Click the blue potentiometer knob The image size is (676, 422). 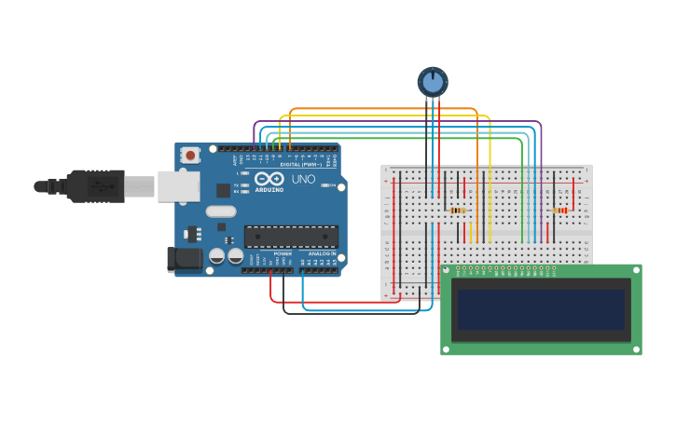pos(433,82)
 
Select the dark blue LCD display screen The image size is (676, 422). pos(541,309)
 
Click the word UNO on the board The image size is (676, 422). pos(304,179)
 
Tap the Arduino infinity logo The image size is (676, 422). pos(269,179)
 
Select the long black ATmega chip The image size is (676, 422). pos(291,237)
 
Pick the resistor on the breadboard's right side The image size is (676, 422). pos(559,211)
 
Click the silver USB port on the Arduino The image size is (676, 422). pos(177,186)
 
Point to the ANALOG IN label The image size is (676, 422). pos(322,253)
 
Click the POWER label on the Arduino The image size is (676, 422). pos(283,253)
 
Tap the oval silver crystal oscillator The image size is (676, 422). pos(221,211)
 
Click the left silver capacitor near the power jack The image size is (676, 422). pos(216,255)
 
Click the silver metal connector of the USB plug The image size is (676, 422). pos(140,186)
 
